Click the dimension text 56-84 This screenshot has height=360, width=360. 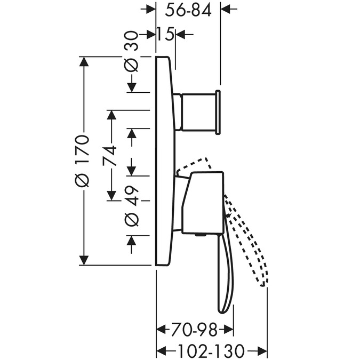(188, 11)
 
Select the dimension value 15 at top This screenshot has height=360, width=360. (165, 34)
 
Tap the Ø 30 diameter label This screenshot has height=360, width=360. (132, 52)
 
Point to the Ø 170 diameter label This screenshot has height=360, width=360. (82, 161)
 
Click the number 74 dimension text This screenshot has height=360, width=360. (109, 156)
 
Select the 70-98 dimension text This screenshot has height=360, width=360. (194, 330)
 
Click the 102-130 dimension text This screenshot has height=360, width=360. (211, 350)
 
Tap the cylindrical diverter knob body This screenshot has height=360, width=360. (199, 112)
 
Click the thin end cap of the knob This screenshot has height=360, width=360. (218, 112)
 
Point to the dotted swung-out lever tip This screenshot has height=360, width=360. (264, 284)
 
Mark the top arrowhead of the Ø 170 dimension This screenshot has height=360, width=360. (84, 61)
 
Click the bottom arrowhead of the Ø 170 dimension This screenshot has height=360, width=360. (84, 260)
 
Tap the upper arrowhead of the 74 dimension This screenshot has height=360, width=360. (111, 115)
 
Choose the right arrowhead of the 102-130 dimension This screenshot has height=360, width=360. (262, 350)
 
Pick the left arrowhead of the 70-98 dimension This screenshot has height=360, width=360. (162, 330)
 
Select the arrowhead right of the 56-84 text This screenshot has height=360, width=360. (226, 9)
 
